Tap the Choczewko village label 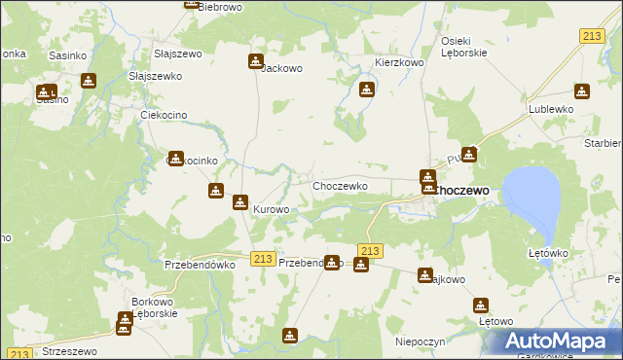(x=339, y=186)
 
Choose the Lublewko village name (x=550, y=110)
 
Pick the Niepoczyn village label (x=421, y=342)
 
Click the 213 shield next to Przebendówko (x=261, y=257)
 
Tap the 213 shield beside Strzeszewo (x=20, y=354)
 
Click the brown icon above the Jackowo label (x=255, y=61)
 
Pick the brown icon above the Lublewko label (x=581, y=91)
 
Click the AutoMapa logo (x=556, y=341)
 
